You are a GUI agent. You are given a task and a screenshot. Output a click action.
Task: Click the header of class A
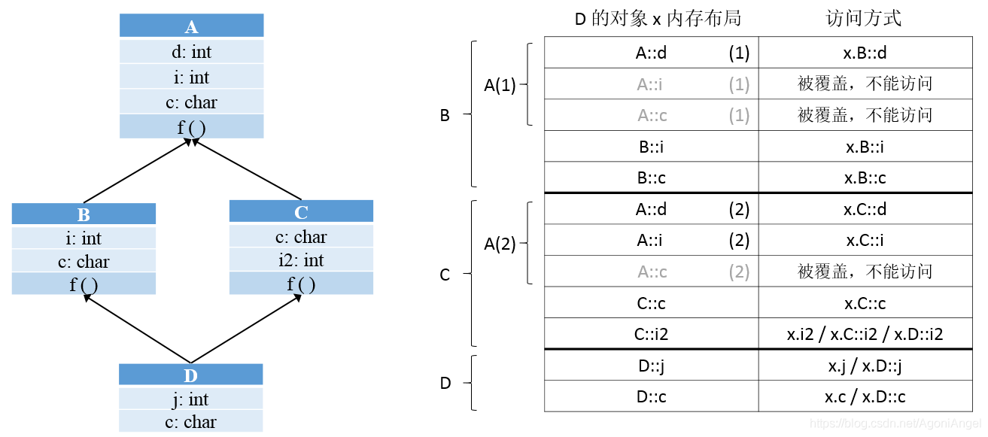191,27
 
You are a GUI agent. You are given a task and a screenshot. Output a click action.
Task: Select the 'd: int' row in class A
191,52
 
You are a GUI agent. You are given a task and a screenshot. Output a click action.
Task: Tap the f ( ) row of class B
84,284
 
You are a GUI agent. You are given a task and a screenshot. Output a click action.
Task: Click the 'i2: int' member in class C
301,260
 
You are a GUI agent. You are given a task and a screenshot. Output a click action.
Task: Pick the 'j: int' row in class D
190,399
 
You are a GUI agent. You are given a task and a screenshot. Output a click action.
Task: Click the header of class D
190,375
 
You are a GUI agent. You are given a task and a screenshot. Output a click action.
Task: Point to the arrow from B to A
135,171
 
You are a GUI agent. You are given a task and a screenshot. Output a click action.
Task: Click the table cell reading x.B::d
865,53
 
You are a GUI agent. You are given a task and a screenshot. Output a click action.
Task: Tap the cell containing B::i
651,147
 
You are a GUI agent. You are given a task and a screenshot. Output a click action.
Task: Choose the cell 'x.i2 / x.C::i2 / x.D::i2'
865,334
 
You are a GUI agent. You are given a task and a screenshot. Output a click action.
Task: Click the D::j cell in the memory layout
651,366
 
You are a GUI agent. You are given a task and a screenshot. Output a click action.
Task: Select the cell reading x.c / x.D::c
865,396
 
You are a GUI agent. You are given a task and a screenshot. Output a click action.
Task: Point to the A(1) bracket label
500,85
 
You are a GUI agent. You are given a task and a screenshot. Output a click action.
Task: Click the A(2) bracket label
500,244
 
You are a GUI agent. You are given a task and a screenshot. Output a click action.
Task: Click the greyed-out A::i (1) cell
651,84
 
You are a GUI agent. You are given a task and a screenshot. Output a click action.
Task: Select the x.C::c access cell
865,303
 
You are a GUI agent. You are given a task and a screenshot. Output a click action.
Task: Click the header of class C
301,212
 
